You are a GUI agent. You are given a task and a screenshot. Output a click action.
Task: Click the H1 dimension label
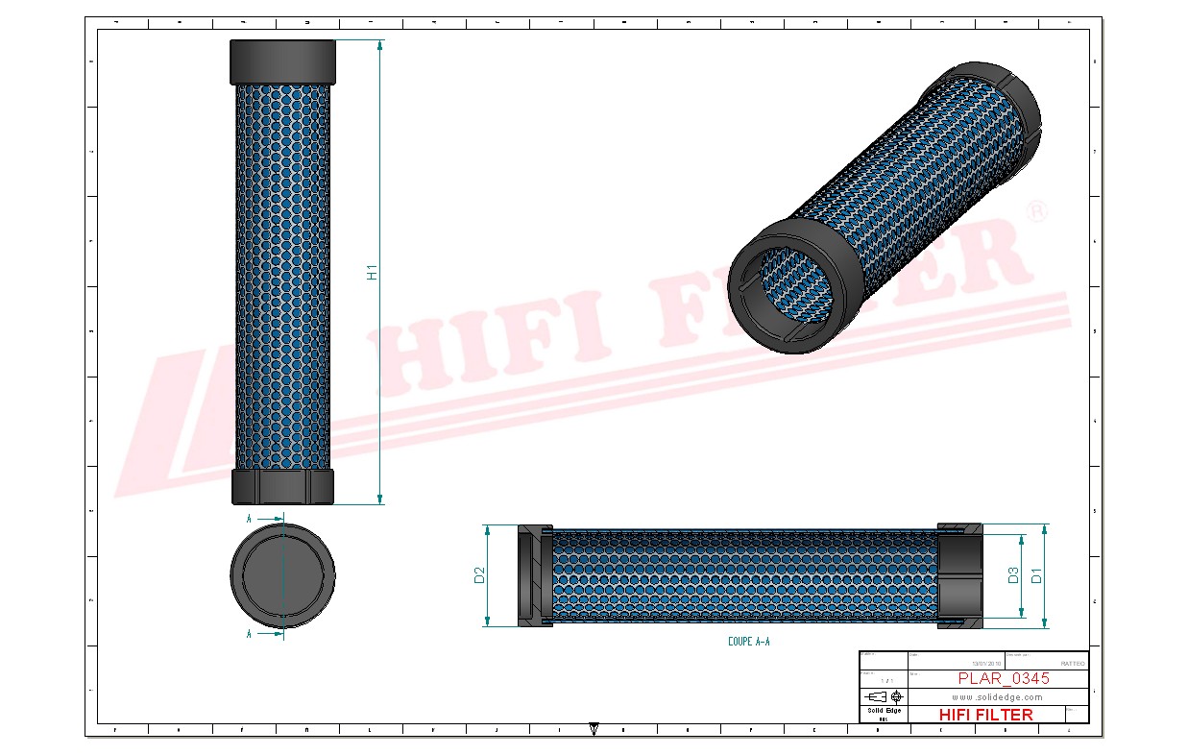(372, 272)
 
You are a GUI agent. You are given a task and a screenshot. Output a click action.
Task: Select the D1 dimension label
(1036, 575)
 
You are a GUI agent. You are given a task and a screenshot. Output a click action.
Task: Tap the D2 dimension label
(479, 575)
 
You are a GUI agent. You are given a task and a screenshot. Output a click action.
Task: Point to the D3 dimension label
(1012, 575)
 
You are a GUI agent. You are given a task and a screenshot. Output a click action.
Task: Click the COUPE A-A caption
(748, 641)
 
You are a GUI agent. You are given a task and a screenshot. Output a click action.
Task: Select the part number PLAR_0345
(1003, 678)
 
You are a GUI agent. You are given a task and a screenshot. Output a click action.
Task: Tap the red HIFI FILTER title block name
(985, 715)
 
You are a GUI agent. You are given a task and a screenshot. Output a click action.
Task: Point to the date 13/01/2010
(985, 663)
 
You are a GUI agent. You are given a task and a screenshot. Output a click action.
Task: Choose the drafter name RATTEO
(1072, 663)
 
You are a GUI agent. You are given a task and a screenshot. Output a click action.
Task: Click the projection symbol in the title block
(881, 696)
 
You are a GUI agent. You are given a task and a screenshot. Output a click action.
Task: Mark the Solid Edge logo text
(884, 710)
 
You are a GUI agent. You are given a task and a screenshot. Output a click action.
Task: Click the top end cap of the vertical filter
(282, 61)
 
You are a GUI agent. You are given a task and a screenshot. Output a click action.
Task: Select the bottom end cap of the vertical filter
(282, 486)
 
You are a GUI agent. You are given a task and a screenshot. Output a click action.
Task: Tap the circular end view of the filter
(282, 574)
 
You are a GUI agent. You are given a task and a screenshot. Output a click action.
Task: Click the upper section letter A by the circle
(249, 518)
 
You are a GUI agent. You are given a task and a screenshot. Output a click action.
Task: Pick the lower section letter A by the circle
(249, 634)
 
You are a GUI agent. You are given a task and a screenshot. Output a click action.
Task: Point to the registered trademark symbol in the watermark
(1036, 213)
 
